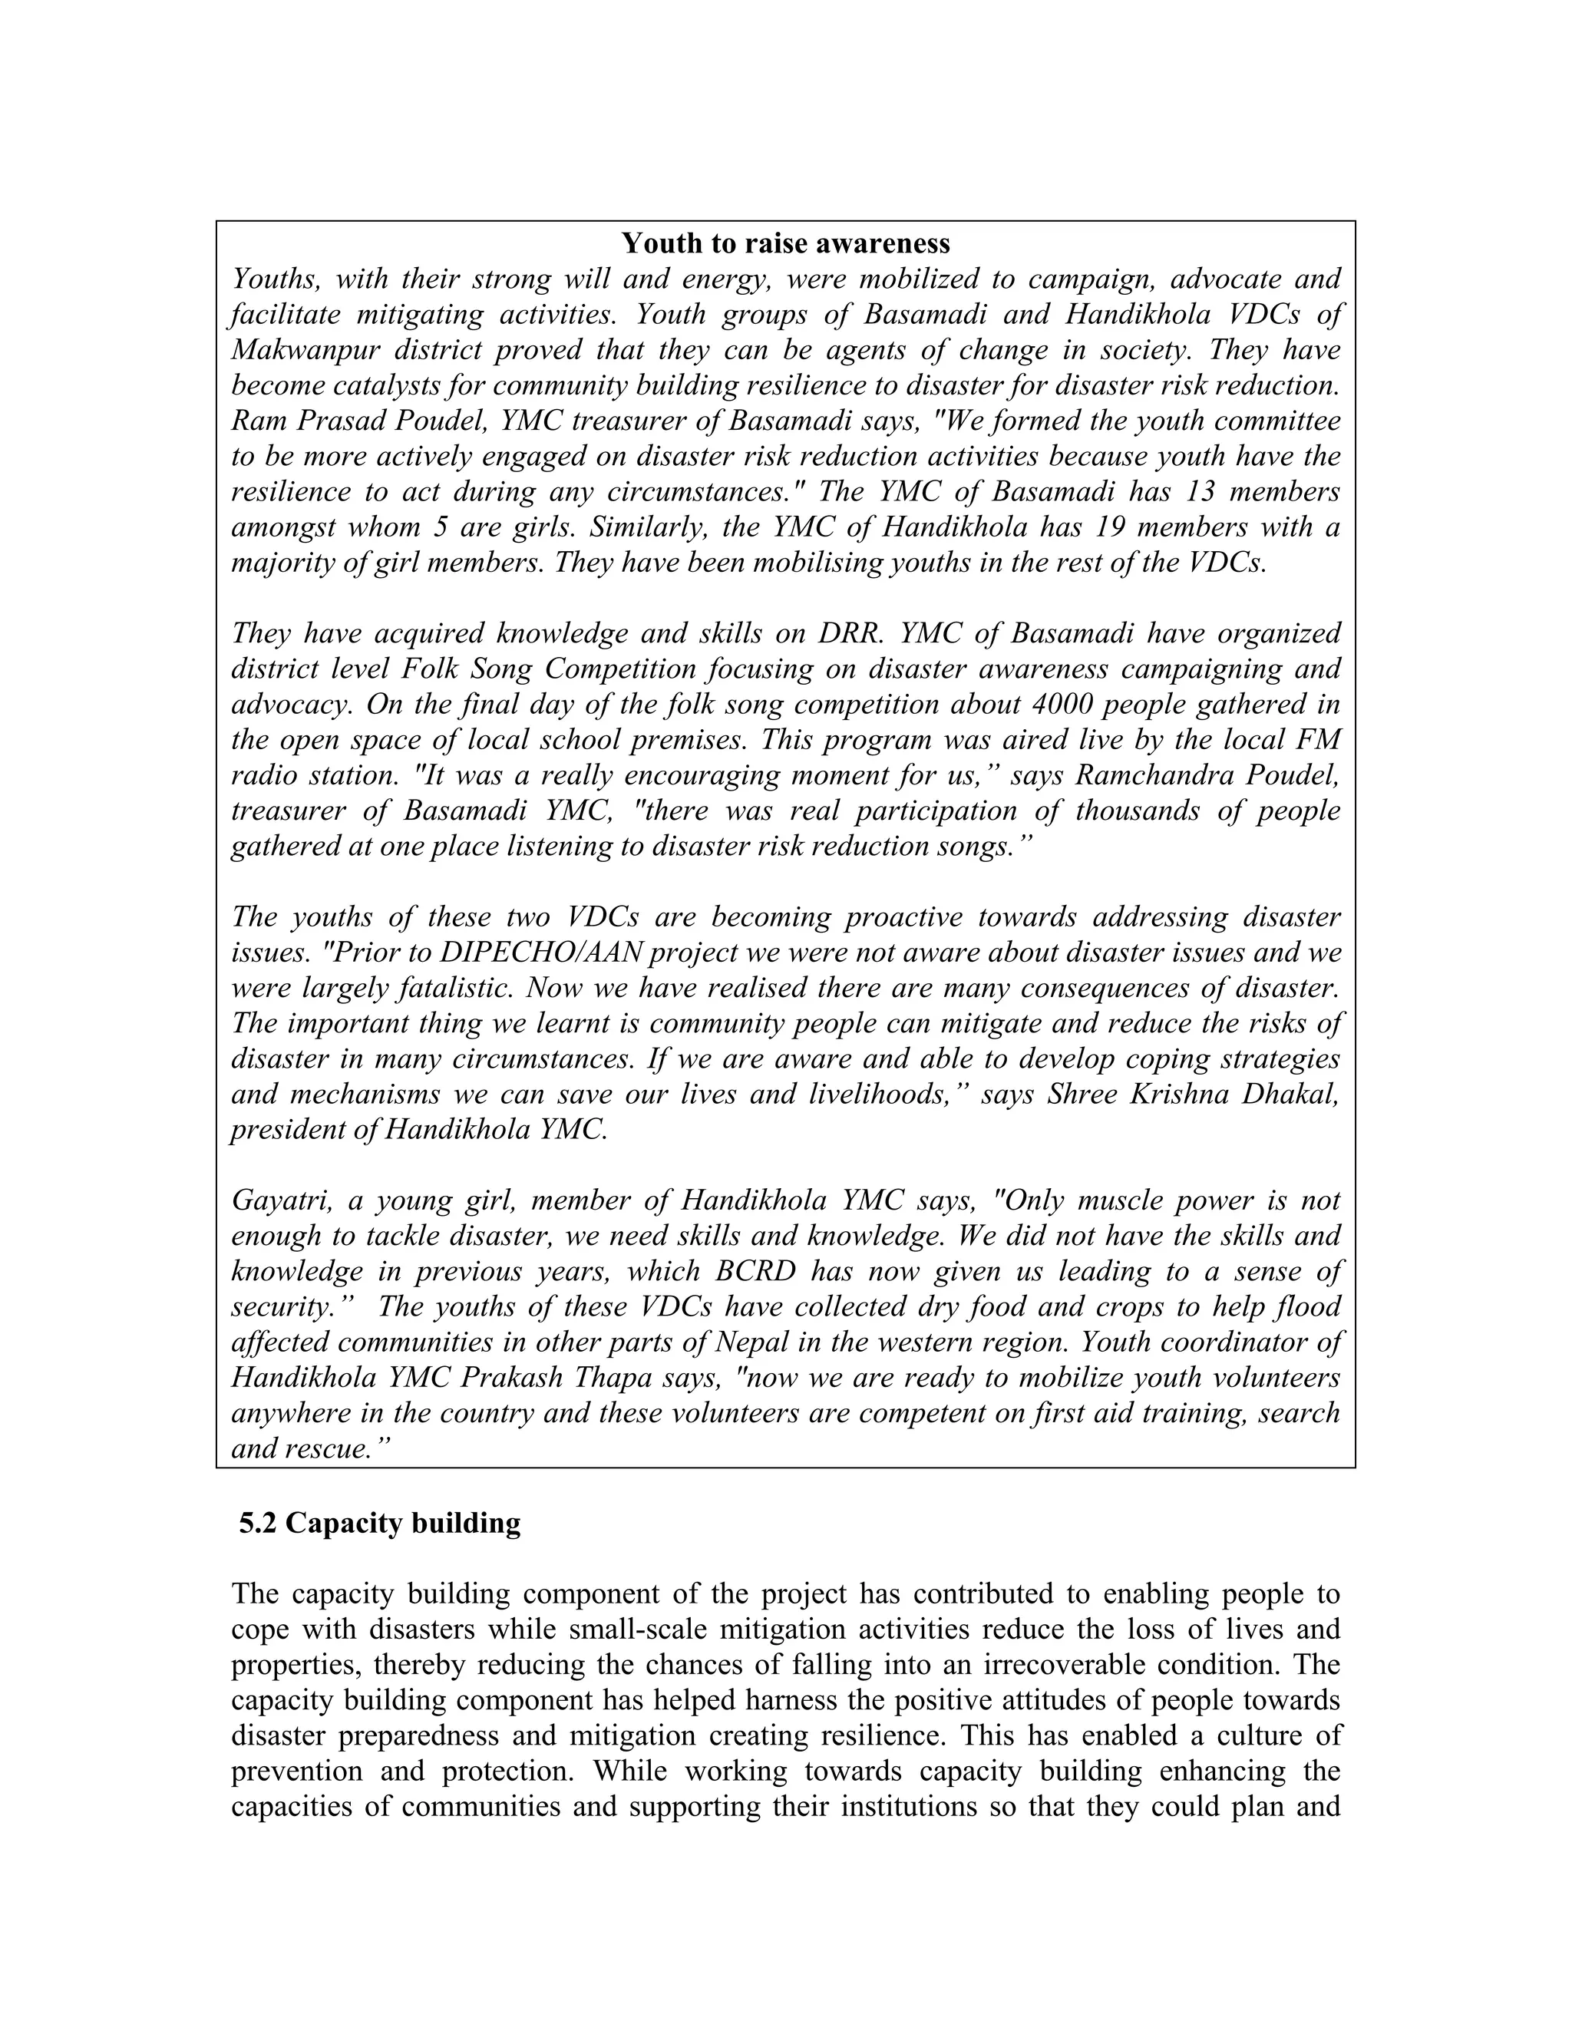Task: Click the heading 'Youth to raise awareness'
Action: [785, 244]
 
